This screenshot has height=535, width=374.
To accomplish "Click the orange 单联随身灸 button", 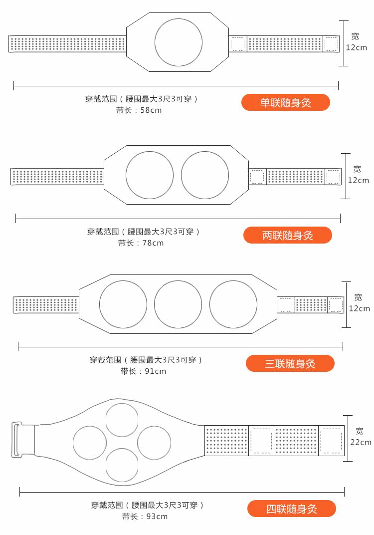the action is pos(286,103).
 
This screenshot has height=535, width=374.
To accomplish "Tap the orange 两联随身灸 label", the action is pos(288,235).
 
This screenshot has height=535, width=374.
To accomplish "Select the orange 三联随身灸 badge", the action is pos(290,363).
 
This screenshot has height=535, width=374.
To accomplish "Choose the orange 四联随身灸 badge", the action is pos(292,509).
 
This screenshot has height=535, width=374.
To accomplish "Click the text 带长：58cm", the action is pos(139,110).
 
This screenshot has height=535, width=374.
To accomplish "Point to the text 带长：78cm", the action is pos(141,243).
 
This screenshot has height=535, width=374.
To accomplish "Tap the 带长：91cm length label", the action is pos(143,371).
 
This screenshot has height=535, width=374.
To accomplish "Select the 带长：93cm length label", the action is pos(145,517).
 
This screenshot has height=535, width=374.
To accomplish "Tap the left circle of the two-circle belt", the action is pos(150,175).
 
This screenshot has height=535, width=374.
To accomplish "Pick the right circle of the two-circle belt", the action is pos(205,175).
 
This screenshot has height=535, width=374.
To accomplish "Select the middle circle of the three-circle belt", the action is pos(178,304).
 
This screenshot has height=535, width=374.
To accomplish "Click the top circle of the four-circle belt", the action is pos(122,420).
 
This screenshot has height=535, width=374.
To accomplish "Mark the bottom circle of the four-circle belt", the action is pos(122,465).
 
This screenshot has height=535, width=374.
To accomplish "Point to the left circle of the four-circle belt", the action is pos(90,443).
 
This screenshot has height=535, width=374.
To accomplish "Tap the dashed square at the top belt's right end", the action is pos(331,44).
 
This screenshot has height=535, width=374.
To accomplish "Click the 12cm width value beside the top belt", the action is pos(357,48).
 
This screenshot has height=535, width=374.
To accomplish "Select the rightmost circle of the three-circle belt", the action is pos(233,304).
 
